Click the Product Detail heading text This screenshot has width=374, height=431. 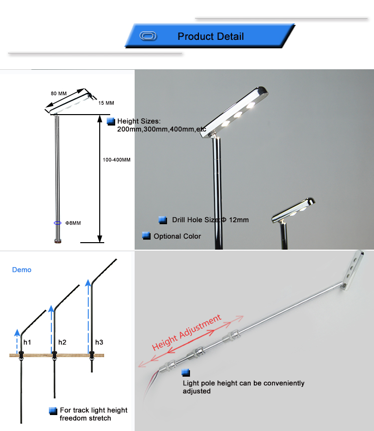tap(210, 36)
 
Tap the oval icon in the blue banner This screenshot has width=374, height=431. tap(148, 36)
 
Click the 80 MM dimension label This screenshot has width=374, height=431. tap(58, 94)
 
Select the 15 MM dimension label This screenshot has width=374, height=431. tap(106, 103)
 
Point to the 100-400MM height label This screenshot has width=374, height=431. tap(117, 160)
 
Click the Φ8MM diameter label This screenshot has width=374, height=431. tap(73, 223)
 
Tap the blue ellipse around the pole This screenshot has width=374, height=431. tap(57, 223)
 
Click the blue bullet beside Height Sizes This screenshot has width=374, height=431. tap(111, 121)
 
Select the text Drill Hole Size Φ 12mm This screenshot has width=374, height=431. tap(210, 220)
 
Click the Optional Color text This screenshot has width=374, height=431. tap(178, 236)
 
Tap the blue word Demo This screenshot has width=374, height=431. tap(22, 270)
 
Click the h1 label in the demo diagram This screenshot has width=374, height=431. tap(27, 342)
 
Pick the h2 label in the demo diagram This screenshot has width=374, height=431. tap(62, 342)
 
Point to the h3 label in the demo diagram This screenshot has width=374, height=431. tap(99, 342)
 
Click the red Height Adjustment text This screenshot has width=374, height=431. tap(187, 332)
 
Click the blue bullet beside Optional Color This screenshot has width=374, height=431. tap(146, 236)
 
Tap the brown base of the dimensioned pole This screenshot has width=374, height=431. tap(58, 241)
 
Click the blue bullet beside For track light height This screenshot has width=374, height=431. tap(53, 411)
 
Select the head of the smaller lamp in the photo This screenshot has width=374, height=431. tap(293, 210)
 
